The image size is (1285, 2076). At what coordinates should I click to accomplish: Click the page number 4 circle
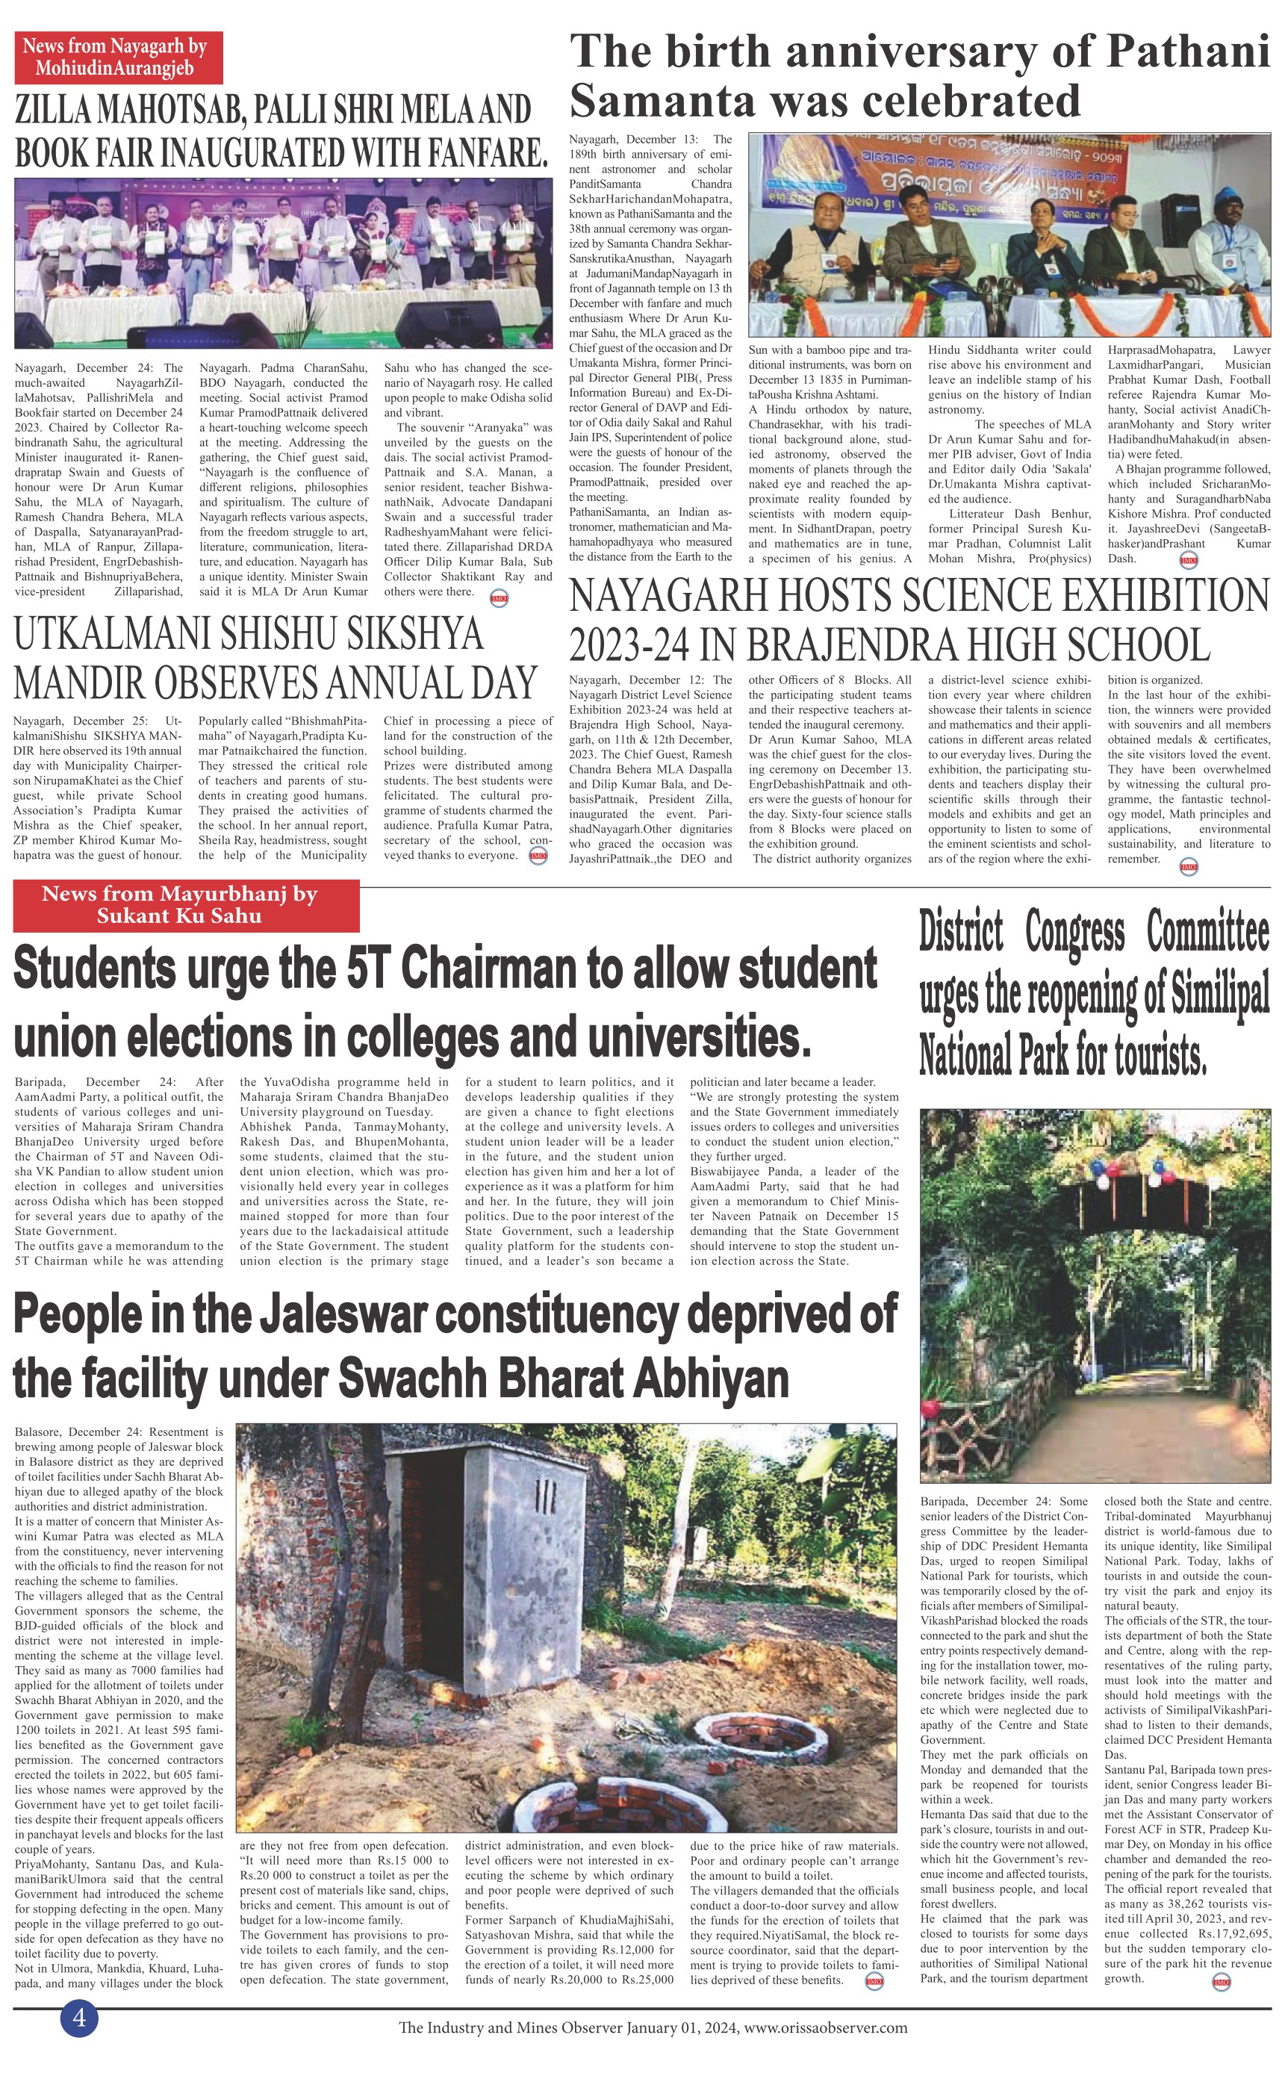[x=79, y=2016]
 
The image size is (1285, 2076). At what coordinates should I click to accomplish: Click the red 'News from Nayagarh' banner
[x=118, y=58]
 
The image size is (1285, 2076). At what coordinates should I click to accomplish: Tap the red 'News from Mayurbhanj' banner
[x=186, y=905]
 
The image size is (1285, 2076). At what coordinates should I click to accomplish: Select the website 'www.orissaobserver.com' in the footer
[x=824, y=2027]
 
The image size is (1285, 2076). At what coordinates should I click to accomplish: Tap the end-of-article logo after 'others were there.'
[x=500, y=598]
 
